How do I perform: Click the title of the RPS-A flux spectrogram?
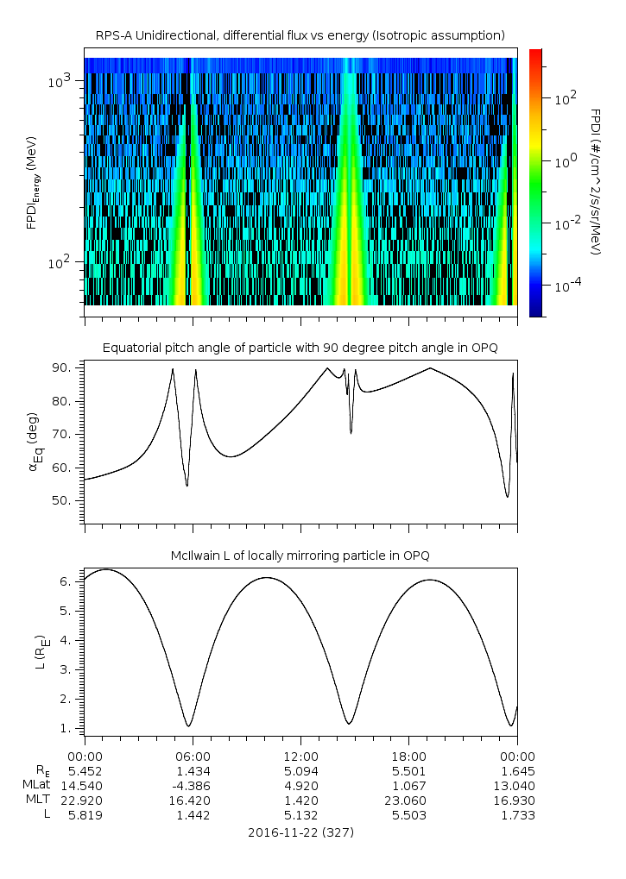pos(300,35)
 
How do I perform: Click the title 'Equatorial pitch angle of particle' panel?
pos(300,348)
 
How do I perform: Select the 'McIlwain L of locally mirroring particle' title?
pos(300,556)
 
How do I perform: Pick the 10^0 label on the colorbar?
pos(564,161)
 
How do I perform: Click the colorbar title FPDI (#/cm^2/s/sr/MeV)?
pos(595,181)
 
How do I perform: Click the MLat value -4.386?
pos(192,785)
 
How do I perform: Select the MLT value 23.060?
pos(408,800)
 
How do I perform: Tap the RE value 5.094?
pos(300,771)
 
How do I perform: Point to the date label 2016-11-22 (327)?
pos(300,832)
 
